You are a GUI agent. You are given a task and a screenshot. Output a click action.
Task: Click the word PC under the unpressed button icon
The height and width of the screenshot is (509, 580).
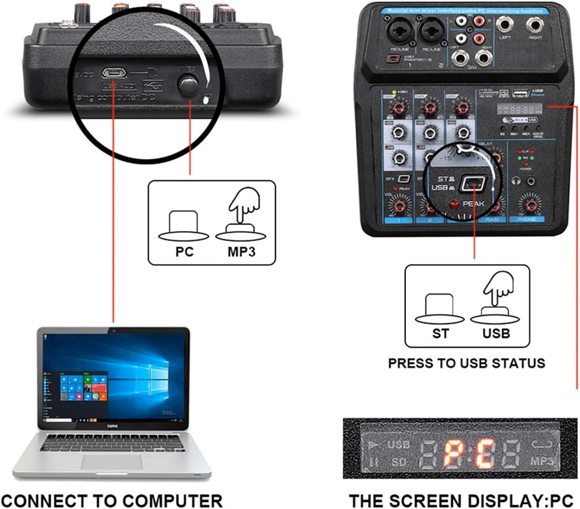184,252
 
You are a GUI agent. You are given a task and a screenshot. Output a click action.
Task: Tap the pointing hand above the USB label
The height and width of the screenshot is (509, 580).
498,288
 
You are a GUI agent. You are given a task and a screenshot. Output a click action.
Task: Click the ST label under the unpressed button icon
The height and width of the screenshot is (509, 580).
441,333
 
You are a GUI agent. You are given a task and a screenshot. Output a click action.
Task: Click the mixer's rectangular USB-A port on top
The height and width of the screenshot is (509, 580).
519,94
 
